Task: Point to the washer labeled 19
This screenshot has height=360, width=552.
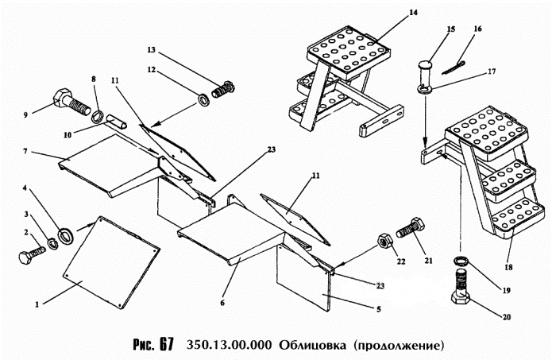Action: pos(461,263)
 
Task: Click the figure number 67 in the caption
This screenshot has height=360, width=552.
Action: pos(165,346)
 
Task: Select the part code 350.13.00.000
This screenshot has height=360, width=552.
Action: pos(227,346)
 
